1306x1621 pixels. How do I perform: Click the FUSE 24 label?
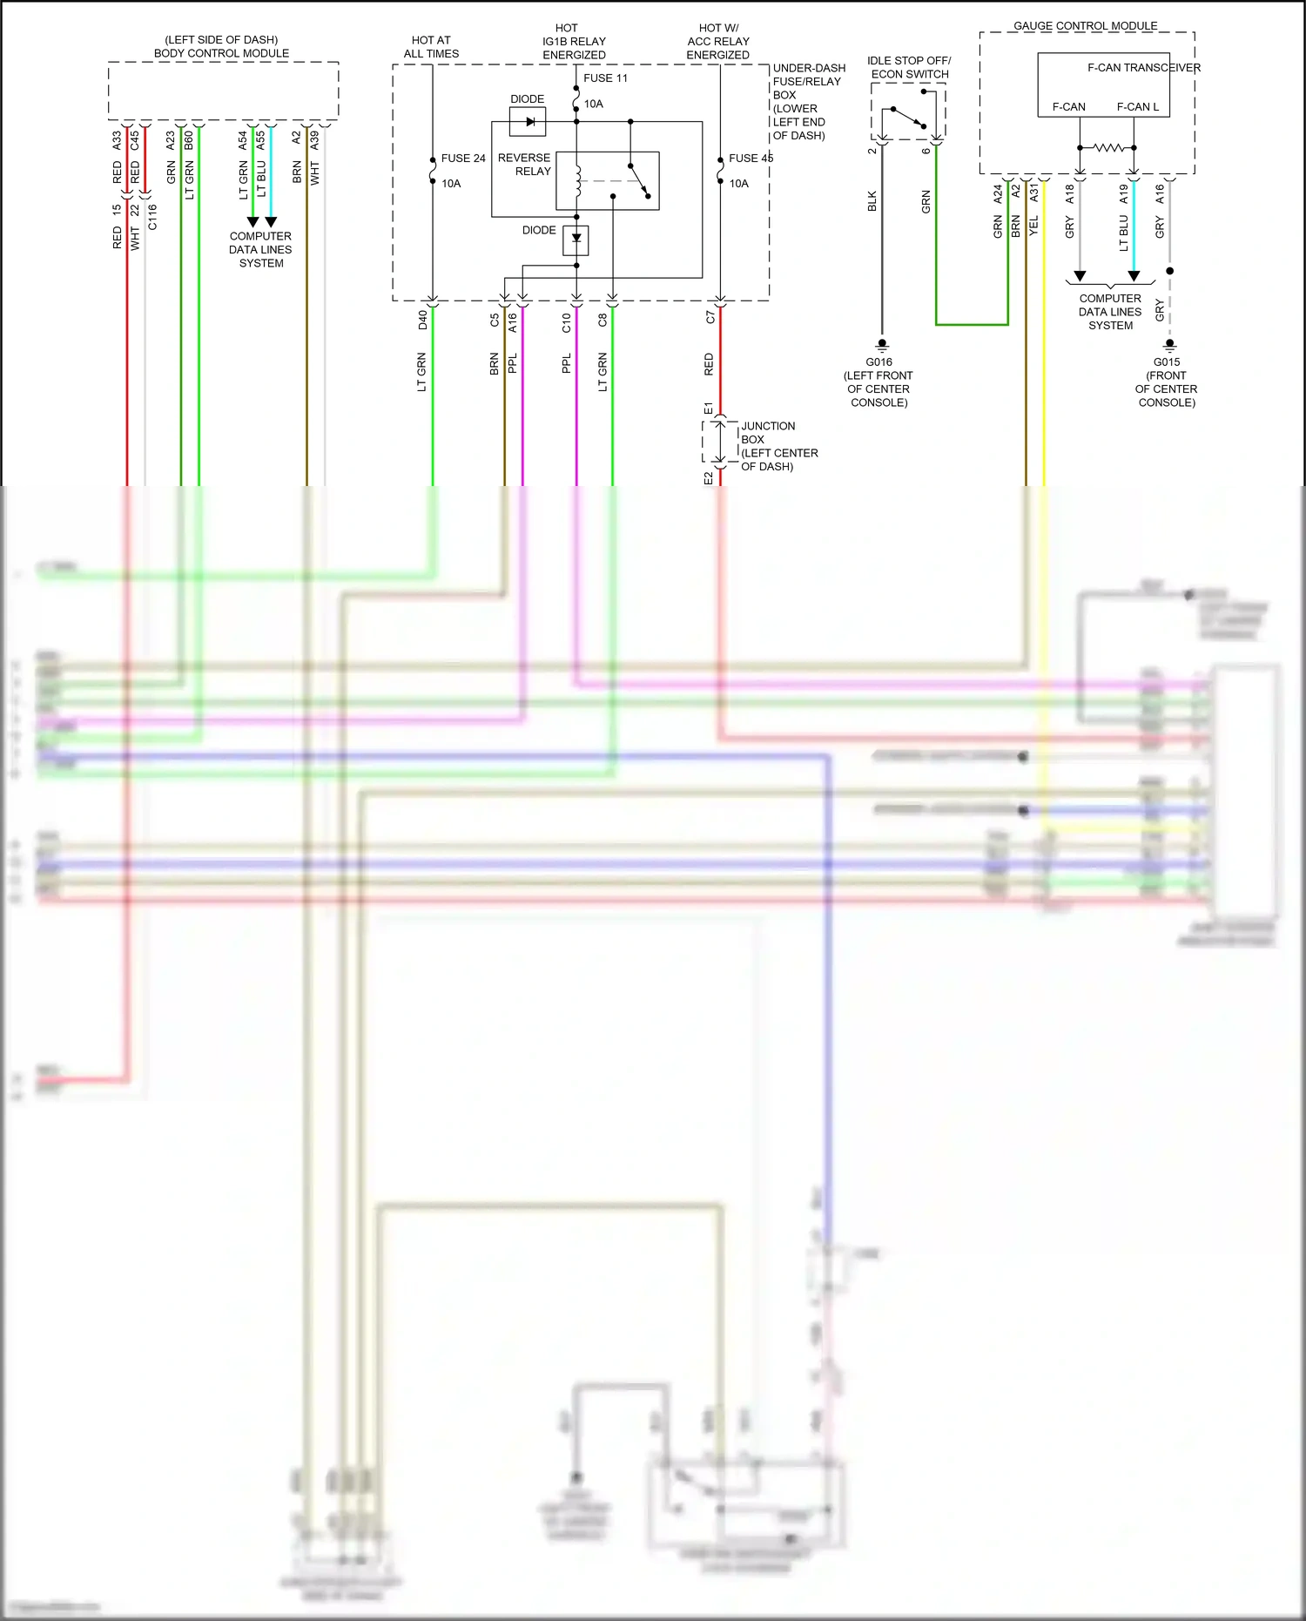click(462, 159)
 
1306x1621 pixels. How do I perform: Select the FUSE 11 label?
click(605, 78)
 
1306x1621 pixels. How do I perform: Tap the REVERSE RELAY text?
click(524, 165)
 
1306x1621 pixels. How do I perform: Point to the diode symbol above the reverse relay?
click(528, 122)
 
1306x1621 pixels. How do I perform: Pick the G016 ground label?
click(879, 362)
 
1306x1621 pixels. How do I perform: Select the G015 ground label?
click(1167, 362)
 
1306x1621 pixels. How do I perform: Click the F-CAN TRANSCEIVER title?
click(1143, 68)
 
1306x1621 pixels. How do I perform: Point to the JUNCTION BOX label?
click(768, 433)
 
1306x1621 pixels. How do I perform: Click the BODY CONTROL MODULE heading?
click(221, 53)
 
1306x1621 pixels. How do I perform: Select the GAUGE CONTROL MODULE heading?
click(1085, 26)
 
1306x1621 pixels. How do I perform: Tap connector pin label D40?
click(423, 320)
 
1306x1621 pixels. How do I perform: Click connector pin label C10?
click(567, 323)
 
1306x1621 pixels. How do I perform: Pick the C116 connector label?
click(153, 217)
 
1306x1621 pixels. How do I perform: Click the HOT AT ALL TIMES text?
click(431, 47)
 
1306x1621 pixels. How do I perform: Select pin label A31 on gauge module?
click(1034, 192)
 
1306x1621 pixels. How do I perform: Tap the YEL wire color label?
click(1034, 226)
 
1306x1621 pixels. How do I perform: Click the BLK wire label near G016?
click(872, 201)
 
